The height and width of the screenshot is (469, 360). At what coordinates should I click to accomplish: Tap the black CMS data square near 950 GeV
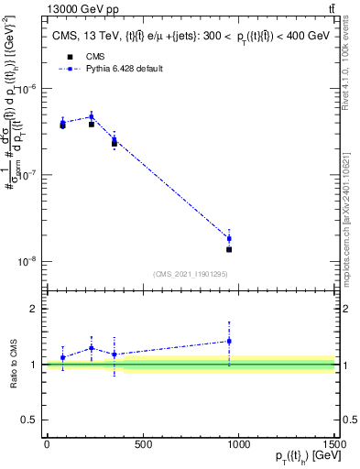pos(229,249)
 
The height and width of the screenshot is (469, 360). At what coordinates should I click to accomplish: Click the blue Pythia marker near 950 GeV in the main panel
pos(229,239)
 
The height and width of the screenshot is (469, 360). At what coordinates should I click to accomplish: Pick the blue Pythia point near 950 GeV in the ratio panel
pos(229,341)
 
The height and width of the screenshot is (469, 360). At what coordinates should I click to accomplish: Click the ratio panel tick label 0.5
pos(30,419)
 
